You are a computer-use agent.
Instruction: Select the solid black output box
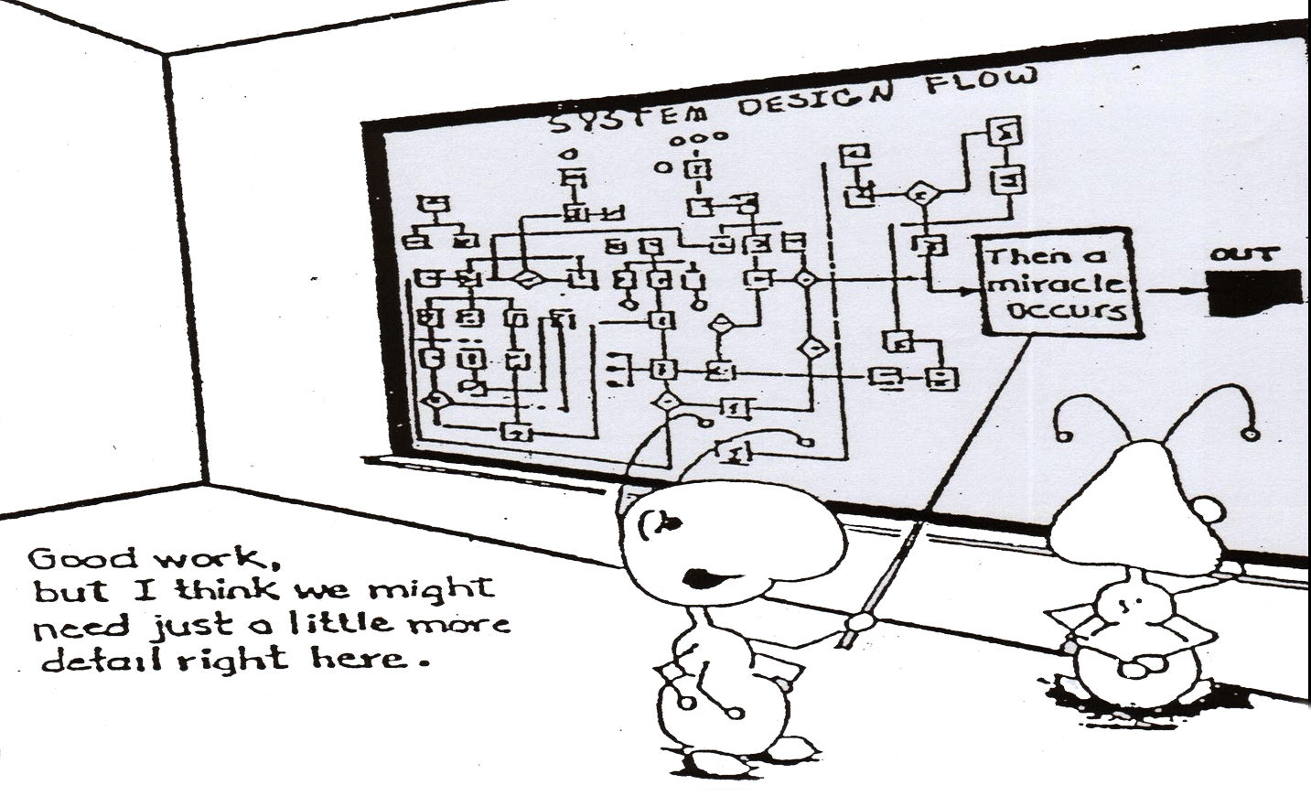coord(1254,293)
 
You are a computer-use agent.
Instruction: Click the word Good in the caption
coord(81,557)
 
